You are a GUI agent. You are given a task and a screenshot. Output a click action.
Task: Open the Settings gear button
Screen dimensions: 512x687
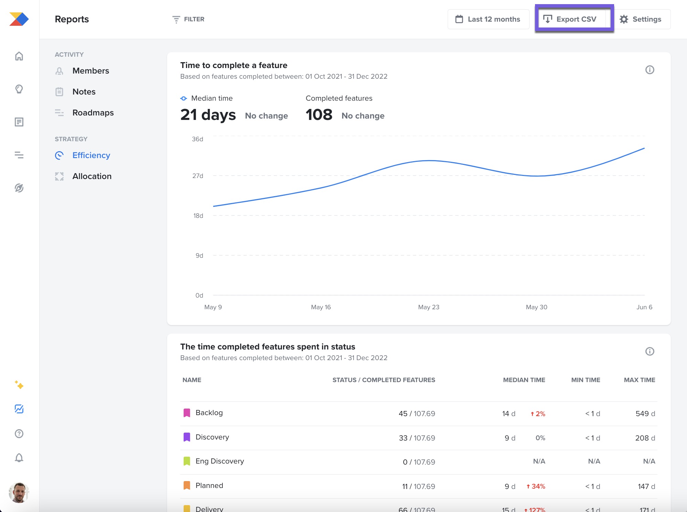tap(641, 19)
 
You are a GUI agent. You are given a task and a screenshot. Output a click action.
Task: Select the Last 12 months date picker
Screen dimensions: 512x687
tap(488, 19)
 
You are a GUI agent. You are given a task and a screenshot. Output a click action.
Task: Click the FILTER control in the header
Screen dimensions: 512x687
tap(188, 19)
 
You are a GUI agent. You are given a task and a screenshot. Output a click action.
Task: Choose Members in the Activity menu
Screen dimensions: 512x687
tap(90, 71)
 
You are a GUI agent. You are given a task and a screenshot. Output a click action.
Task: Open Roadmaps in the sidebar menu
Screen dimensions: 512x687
tap(93, 113)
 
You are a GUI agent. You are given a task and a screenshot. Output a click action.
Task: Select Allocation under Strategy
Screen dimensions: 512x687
tap(92, 176)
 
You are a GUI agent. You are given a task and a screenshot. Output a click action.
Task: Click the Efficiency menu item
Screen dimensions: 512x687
tap(91, 155)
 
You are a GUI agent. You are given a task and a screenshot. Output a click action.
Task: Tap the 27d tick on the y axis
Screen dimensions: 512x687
tap(198, 176)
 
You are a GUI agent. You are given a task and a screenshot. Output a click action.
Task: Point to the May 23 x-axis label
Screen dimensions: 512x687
tap(428, 307)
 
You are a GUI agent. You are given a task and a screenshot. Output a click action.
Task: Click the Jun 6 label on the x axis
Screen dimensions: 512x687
tap(644, 307)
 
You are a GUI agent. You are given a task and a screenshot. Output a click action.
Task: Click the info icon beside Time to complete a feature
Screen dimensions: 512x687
tap(650, 70)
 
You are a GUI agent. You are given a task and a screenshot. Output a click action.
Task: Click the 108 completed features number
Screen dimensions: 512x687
tap(319, 115)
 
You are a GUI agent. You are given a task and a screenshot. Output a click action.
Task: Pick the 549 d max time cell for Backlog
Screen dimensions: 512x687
tap(645, 414)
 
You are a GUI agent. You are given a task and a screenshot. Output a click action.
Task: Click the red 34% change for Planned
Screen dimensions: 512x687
tap(536, 487)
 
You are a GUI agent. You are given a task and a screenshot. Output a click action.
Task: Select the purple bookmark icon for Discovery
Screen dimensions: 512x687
tap(187, 437)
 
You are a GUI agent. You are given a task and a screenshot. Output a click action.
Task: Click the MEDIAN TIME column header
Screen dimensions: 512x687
tap(524, 380)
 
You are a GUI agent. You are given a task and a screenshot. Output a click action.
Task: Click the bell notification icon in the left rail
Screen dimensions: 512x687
tap(19, 458)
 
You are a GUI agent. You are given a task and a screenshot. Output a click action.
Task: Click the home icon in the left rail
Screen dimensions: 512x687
tap(19, 56)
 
